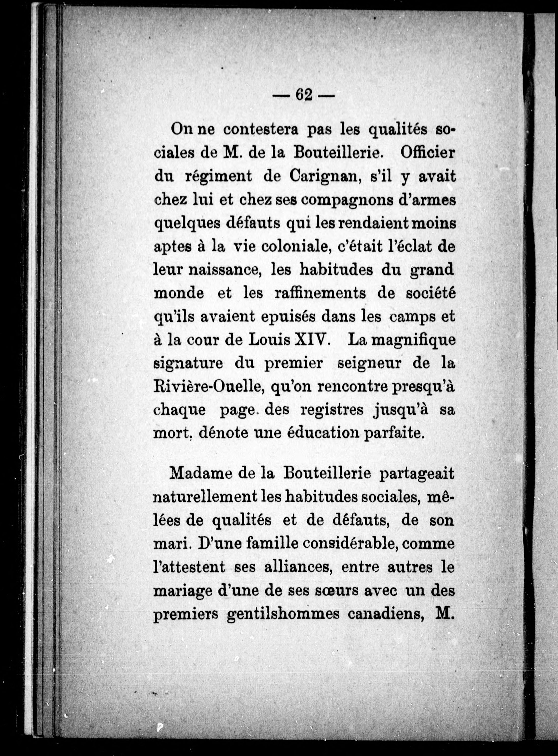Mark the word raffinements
tap(320, 293)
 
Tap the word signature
tap(188, 364)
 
